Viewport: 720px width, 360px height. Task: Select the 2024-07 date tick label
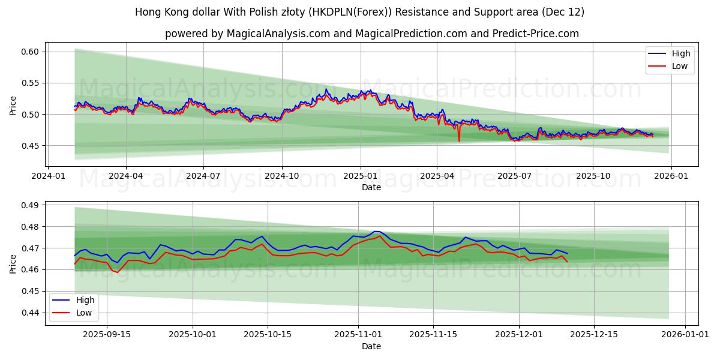[x=203, y=176]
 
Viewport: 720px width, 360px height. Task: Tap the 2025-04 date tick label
[x=437, y=176]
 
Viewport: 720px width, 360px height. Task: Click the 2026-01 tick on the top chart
[x=671, y=176]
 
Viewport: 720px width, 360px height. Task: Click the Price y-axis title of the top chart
[x=13, y=106]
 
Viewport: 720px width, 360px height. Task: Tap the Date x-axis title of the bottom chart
[x=371, y=346]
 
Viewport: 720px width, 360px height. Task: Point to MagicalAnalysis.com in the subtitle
[x=278, y=34]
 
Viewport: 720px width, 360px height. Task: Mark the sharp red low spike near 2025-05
[x=459, y=141]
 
